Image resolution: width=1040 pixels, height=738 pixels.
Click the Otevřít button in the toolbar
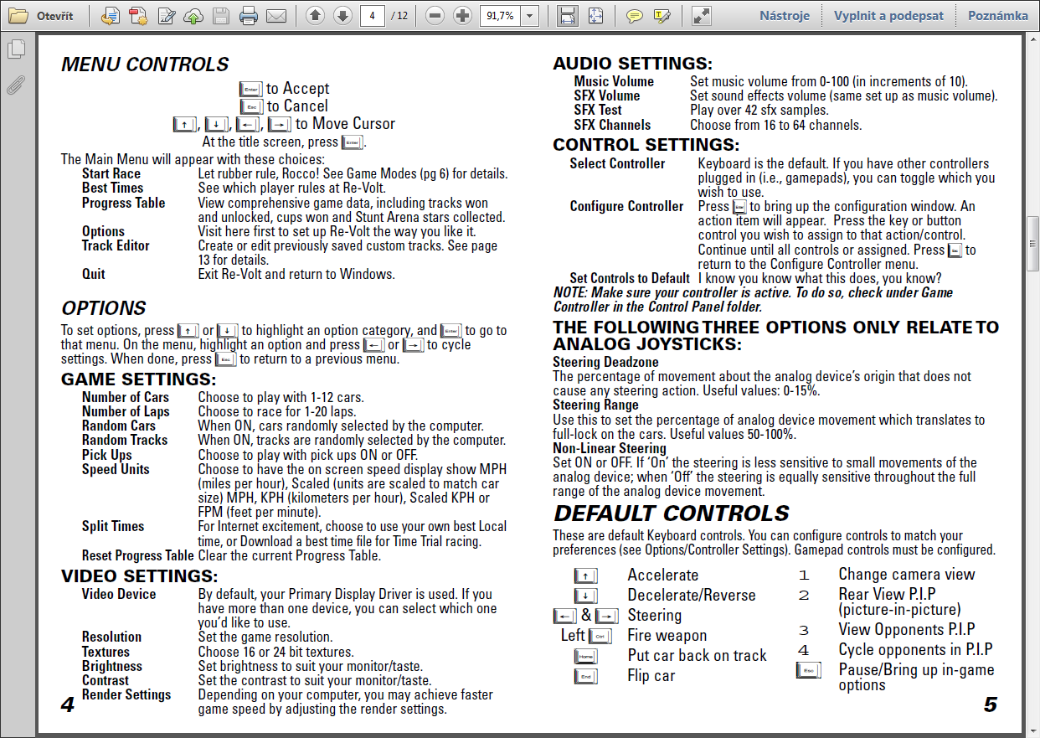point(41,16)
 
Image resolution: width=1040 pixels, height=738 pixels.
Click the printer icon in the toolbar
point(249,16)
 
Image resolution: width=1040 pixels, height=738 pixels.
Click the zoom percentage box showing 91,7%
point(499,16)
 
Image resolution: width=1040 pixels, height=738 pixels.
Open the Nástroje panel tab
point(785,16)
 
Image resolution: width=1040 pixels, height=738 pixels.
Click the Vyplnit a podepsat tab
point(888,16)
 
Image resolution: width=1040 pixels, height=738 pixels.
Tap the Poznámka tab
point(998,16)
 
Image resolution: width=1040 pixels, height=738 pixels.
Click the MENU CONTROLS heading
point(145,65)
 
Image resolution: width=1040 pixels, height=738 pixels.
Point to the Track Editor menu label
point(116,245)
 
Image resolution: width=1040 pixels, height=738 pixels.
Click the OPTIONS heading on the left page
point(104,307)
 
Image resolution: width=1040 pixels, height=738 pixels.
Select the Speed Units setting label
point(116,469)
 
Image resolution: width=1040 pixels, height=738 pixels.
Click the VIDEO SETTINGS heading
point(139,575)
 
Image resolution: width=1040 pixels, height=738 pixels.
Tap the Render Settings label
point(126,694)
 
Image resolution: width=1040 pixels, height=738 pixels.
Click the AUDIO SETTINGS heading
point(632,64)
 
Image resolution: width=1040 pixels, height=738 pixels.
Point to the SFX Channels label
point(612,125)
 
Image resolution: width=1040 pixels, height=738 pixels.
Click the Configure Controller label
point(626,206)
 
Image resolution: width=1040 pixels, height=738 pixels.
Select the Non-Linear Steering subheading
point(610,448)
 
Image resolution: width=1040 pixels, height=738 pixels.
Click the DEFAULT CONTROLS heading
point(672,514)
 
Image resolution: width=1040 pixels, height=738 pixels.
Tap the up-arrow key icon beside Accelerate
point(586,575)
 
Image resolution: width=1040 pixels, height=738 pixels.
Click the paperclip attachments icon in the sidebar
point(16,85)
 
